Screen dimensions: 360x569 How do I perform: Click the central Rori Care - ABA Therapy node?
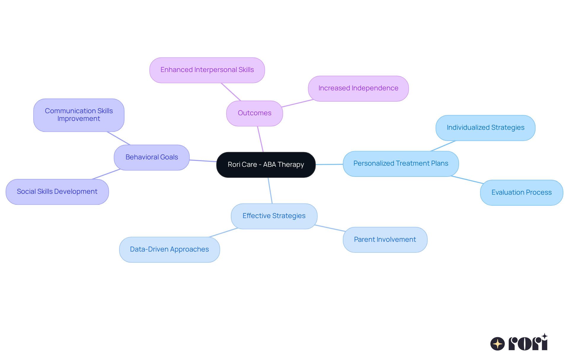point(266,165)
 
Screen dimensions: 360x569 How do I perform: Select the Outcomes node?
point(254,113)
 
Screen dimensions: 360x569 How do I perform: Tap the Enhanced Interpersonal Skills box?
point(207,70)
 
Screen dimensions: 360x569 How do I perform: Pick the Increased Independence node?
point(358,88)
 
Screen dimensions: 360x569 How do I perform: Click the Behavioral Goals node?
point(151,157)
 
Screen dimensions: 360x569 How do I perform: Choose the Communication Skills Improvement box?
point(79,115)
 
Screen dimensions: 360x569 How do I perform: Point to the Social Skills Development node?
point(57,192)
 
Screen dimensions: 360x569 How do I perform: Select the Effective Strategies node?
point(274,216)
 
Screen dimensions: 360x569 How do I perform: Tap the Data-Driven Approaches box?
point(169,249)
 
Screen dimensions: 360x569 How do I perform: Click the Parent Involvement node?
point(385,240)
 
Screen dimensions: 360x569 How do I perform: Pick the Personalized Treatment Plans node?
point(401,164)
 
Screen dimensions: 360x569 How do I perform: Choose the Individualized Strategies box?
point(485,128)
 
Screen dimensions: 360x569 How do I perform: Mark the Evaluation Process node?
point(521,193)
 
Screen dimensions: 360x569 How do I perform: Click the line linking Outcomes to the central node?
point(260,139)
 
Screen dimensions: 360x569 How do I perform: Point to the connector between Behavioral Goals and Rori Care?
point(203,161)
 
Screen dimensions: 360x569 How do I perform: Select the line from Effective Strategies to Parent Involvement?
point(330,228)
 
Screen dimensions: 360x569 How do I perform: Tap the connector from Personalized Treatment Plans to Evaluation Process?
point(467,180)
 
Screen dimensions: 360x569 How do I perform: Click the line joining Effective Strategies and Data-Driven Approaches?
point(224,233)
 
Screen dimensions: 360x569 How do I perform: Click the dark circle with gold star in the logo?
point(497,344)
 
